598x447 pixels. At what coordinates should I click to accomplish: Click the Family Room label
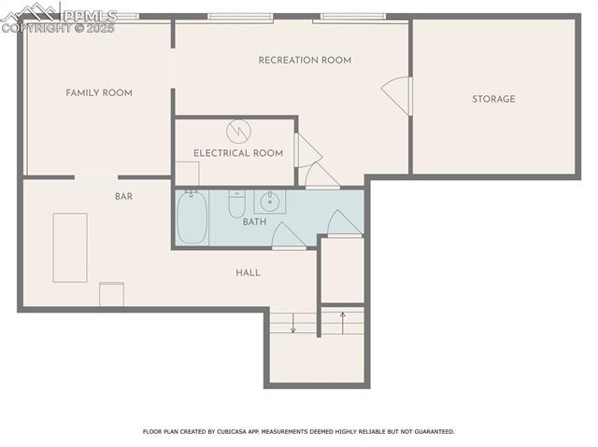click(98, 93)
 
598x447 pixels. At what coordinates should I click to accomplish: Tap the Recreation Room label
click(305, 61)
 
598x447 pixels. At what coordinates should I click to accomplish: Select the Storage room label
click(493, 99)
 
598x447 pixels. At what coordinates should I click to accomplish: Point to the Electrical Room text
click(238, 153)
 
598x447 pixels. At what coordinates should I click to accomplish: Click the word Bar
click(123, 197)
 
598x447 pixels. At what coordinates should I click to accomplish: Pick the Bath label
click(254, 222)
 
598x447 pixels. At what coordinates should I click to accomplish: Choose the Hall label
click(248, 272)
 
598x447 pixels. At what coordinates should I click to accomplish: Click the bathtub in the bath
click(192, 217)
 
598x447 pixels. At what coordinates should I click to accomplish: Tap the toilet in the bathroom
click(236, 203)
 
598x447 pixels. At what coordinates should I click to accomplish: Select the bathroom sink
click(269, 201)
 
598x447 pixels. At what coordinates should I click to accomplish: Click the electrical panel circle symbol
click(239, 130)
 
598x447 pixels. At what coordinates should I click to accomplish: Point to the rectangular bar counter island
click(70, 247)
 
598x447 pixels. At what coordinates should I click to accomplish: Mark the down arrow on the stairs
click(292, 325)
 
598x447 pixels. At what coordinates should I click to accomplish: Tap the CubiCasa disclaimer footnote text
click(298, 432)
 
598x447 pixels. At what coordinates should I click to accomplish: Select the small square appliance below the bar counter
click(112, 294)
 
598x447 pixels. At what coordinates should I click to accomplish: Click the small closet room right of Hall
click(342, 271)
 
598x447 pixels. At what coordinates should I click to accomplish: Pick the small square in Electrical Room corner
click(187, 174)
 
